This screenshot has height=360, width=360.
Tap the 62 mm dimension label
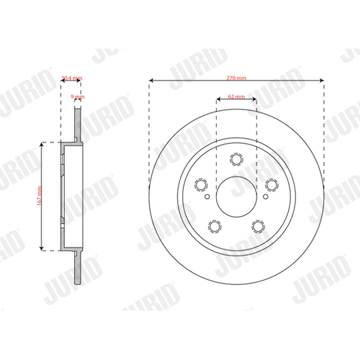tap(237, 97)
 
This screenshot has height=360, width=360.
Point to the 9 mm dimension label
tap(77, 97)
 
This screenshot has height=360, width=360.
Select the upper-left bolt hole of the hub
tap(201, 185)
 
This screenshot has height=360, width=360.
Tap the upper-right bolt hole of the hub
tap(272, 185)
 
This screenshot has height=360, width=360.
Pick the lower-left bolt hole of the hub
tap(215, 227)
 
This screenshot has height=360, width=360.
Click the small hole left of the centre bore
tap(208, 197)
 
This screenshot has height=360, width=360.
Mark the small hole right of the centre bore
tap(265, 197)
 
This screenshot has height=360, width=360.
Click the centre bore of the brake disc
tap(237, 197)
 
